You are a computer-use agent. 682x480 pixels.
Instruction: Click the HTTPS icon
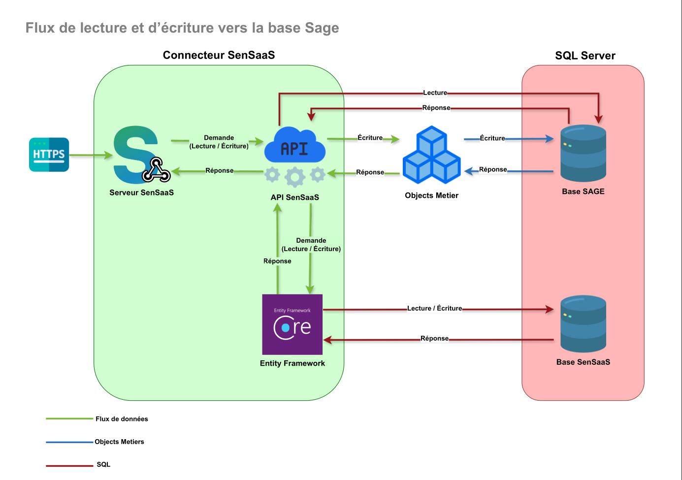coord(49,155)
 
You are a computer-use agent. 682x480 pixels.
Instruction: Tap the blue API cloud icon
coord(295,146)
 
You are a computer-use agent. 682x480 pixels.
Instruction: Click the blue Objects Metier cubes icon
coord(432,155)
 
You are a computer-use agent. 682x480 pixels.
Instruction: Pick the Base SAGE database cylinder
coord(583,153)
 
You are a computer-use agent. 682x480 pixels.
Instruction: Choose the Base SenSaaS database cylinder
coord(583,323)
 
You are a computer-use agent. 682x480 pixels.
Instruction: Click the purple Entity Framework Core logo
coord(292,324)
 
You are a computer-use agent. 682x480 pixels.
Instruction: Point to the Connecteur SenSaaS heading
coord(219,55)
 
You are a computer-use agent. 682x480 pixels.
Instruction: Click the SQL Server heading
coord(585,56)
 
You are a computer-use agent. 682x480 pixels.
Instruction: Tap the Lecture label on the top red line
coord(435,93)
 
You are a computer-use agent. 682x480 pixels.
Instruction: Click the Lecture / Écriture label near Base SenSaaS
coord(434,308)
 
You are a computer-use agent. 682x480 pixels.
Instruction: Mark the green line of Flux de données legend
coord(69,419)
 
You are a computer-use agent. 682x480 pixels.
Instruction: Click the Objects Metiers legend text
coord(119,442)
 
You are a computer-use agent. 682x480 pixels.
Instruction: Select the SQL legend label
coord(103,464)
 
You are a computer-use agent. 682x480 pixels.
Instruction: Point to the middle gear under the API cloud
coord(295,177)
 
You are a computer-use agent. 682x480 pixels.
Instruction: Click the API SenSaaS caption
coord(294,197)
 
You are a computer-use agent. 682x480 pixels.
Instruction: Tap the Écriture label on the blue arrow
coord(492,138)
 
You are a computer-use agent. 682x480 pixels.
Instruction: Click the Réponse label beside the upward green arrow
coord(277,261)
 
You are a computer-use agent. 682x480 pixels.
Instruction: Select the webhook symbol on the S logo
coord(156,170)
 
